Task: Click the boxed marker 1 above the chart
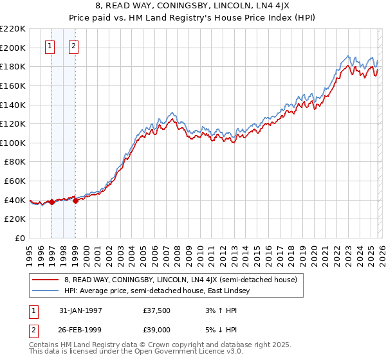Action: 51,46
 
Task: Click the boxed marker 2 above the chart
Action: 74,46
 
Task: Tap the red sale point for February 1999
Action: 75,201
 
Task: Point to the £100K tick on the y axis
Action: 13,143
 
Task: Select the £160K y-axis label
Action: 13,85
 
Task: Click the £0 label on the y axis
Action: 19,238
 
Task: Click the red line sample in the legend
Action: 46,280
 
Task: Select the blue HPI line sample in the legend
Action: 46,291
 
